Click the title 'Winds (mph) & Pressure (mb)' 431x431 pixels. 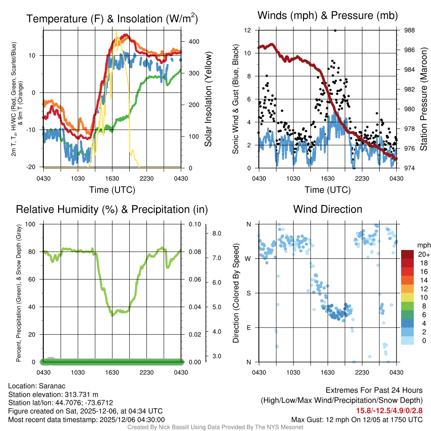tap(327, 16)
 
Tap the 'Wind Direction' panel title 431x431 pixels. tap(327, 209)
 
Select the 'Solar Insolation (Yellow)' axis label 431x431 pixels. tap(208, 99)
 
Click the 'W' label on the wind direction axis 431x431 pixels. tap(248, 258)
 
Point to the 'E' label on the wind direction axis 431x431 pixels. tap(249, 327)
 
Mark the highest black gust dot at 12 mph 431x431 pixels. tap(335, 30)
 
